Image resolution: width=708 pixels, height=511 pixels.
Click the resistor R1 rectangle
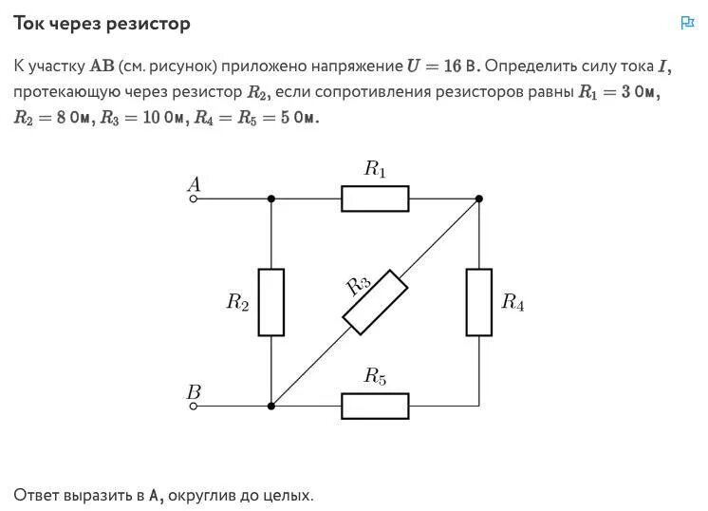375,199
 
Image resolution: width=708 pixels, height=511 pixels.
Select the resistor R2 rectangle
271,302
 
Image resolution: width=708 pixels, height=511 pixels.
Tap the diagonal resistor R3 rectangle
375,302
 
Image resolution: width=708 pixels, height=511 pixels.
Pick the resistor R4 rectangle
478,302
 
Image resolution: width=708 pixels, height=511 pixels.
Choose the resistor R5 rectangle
375,406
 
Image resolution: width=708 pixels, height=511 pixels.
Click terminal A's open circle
194,199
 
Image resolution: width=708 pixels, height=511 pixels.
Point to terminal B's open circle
194,406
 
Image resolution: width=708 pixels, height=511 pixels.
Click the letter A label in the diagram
195,184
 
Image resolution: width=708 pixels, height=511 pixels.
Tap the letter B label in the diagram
194,391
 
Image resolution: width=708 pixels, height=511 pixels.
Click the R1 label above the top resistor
376,170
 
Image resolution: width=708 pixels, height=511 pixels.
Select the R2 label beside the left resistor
237,303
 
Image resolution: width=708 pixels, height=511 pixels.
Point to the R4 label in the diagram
512,303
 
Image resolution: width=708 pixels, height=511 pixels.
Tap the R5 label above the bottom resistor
376,377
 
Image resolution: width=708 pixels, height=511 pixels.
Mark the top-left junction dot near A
271,199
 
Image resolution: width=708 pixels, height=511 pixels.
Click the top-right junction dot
478,199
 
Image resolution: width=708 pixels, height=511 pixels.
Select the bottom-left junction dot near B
271,406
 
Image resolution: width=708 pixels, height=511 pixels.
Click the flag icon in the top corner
688,23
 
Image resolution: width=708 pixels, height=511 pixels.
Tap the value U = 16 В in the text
443,66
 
